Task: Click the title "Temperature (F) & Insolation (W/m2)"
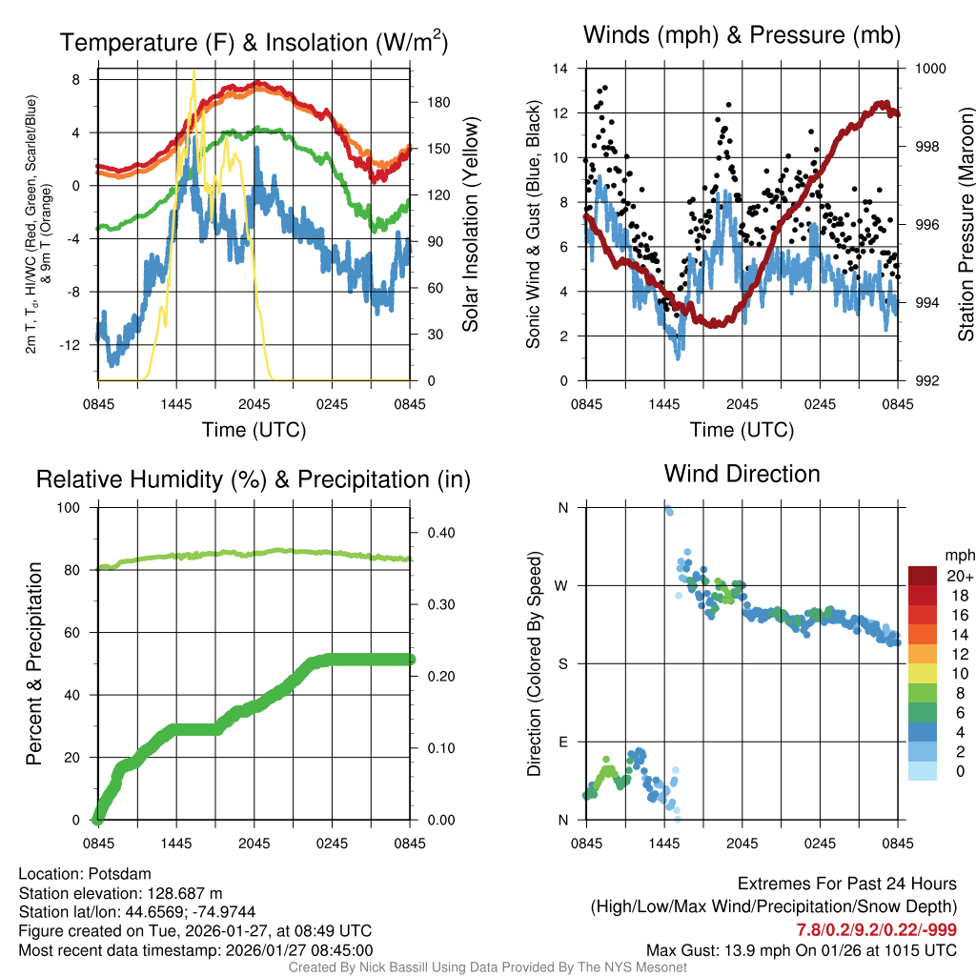(254, 43)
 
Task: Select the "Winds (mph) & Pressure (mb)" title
(742, 36)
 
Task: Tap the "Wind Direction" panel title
(742, 474)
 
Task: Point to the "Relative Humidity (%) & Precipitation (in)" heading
(254, 479)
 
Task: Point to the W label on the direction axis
(562, 586)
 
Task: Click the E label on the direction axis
(562, 742)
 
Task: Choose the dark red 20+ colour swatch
(923, 576)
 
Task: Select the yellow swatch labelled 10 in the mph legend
(923, 674)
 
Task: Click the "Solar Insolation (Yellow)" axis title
(470, 224)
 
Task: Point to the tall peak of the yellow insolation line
(194, 71)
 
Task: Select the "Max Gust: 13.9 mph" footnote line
(802, 949)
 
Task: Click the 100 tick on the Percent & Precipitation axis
(70, 508)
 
